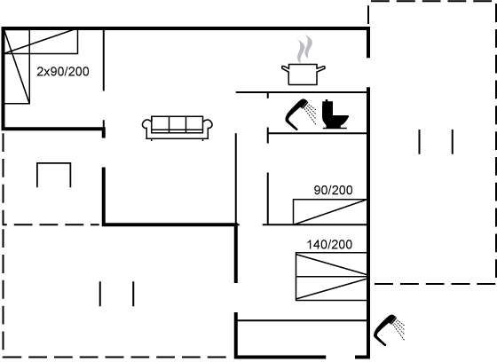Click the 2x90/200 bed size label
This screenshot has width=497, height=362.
[x=63, y=72]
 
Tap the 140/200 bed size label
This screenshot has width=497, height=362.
[x=329, y=245]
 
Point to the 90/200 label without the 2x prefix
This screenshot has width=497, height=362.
[x=333, y=190]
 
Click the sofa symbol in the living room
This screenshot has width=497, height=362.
[x=177, y=128]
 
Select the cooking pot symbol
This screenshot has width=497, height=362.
[x=303, y=75]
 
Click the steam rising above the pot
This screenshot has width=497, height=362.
[x=305, y=49]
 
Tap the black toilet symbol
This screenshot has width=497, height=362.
[x=335, y=114]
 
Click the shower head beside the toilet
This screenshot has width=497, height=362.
[x=300, y=114]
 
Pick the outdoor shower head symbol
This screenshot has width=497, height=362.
[x=389, y=330]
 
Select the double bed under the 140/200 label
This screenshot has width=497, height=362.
[x=331, y=277]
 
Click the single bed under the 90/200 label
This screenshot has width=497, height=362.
[x=330, y=212]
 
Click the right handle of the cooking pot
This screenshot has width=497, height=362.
[x=321, y=68]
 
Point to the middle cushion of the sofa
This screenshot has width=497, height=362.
[x=177, y=123]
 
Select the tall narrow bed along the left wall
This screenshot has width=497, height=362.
[x=17, y=67]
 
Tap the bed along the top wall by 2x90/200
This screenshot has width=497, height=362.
[x=41, y=42]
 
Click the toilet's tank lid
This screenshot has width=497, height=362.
[x=327, y=101]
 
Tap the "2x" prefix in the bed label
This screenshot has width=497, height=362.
[x=42, y=72]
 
